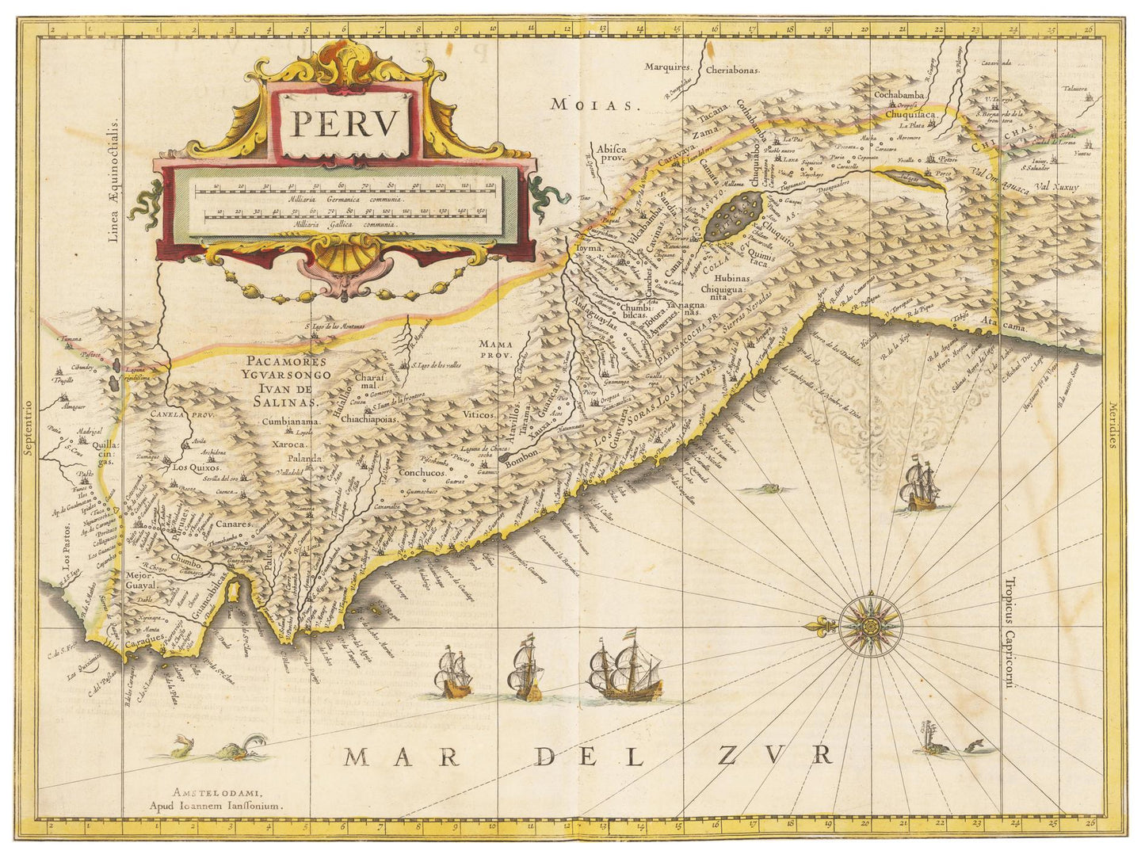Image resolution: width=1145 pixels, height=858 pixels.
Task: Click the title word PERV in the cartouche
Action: [343, 124]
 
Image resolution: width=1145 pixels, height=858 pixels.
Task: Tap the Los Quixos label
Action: [197, 468]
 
